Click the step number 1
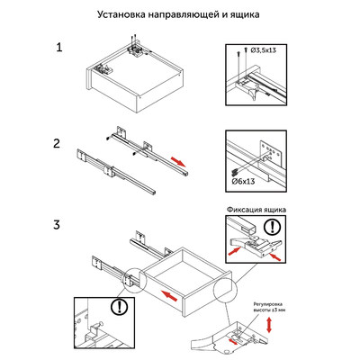pyautogui.click(x=59, y=47)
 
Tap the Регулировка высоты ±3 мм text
pyautogui.click(x=270, y=310)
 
